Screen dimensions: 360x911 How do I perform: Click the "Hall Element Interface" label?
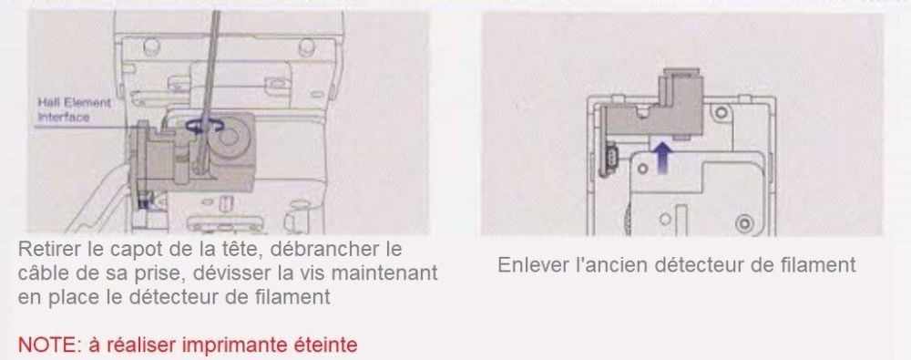[74, 109]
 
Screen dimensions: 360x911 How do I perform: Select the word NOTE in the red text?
[43, 345]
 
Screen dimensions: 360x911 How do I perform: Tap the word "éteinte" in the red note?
[326, 345]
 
